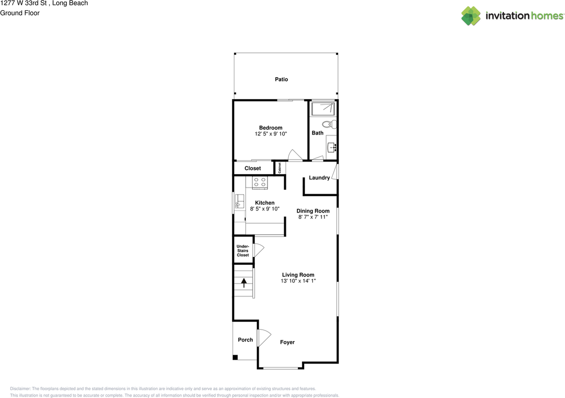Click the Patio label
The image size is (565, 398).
[x=281, y=79]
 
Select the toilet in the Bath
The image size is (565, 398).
[x=329, y=124]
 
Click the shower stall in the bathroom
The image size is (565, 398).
[x=323, y=108]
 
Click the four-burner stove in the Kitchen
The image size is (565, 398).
[x=260, y=182]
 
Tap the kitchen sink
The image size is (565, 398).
[x=240, y=201]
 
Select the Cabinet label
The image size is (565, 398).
[x=279, y=168]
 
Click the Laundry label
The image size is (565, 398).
[x=319, y=178]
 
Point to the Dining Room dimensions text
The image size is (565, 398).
[x=313, y=217]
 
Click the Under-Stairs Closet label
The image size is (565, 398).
[x=243, y=251]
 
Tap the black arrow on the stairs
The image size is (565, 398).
[x=243, y=282]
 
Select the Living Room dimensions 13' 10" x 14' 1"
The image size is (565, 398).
[x=298, y=281]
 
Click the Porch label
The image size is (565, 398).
[x=245, y=340]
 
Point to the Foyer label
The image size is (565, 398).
[x=287, y=342]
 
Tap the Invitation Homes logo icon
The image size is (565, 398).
[x=471, y=16]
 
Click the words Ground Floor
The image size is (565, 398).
[x=20, y=13]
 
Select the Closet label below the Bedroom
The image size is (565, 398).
[x=252, y=168]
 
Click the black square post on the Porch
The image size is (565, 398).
[x=235, y=357]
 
